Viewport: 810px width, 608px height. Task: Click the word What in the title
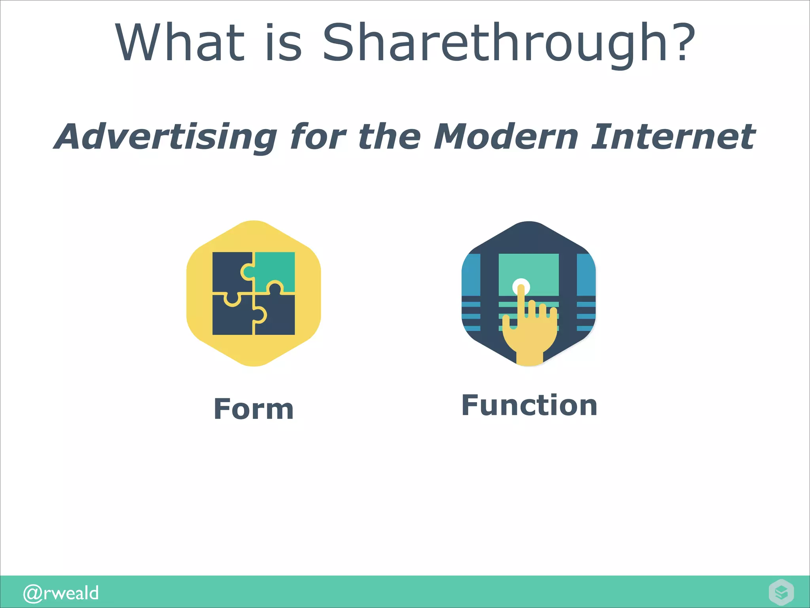pos(180,43)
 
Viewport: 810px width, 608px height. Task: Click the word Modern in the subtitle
pos(507,136)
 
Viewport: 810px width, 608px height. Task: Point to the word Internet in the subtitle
pos(673,136)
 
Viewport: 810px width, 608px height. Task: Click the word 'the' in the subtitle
pos(389,136)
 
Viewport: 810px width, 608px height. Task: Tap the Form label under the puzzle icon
pos(254,409)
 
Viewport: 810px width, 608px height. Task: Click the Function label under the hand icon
pos(529,405)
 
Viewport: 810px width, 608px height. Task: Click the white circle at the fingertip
pos(521,286)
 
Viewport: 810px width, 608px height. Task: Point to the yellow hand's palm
pos(530,336)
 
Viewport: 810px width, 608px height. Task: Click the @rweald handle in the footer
pos(61,593)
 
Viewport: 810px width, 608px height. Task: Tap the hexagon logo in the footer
pos(781,592)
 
